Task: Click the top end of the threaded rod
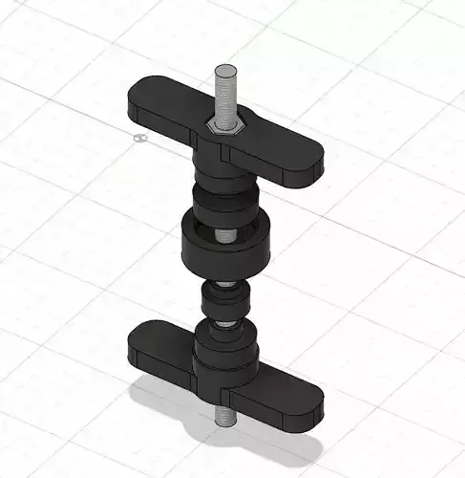[225, 71]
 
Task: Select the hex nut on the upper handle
[227, 127]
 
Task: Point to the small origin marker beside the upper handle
[140, 138]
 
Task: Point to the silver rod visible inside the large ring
[223, 232]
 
